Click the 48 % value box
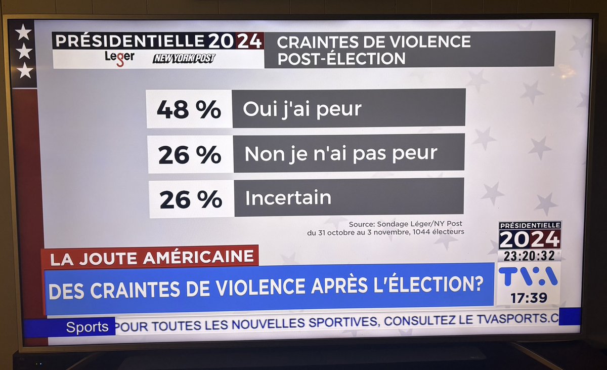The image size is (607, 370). [189, 109]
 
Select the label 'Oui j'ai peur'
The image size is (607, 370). [302, 109]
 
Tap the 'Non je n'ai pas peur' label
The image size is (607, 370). [341, 154]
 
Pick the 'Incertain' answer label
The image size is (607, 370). [288, 198]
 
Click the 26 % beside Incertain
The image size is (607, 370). [191, 199]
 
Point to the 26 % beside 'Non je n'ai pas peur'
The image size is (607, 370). [190, 154]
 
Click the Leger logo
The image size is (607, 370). [119, 57]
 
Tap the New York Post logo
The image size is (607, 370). [184, 59]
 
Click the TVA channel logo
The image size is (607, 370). [528, 276]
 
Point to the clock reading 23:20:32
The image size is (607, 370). [529, 256]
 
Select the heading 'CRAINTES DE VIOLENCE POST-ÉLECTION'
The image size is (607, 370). [373, 50]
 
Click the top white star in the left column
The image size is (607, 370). [23, 32]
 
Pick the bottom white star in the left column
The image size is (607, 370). [24, 71]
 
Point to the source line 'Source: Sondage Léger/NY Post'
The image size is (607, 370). [405, 224]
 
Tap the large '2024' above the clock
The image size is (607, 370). [529, 239]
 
